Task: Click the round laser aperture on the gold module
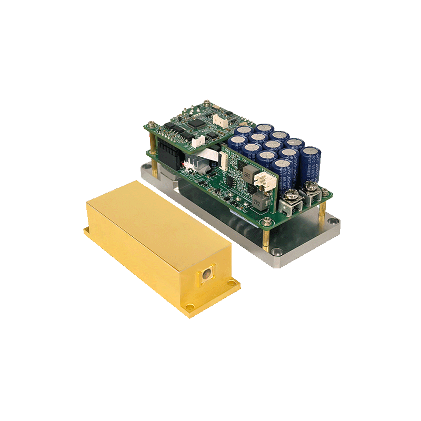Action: (x=206, y=274)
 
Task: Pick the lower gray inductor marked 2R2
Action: (x=257, y=200)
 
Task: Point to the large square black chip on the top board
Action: (x=198, y=123)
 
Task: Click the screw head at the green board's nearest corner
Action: (x=268, y=222)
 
